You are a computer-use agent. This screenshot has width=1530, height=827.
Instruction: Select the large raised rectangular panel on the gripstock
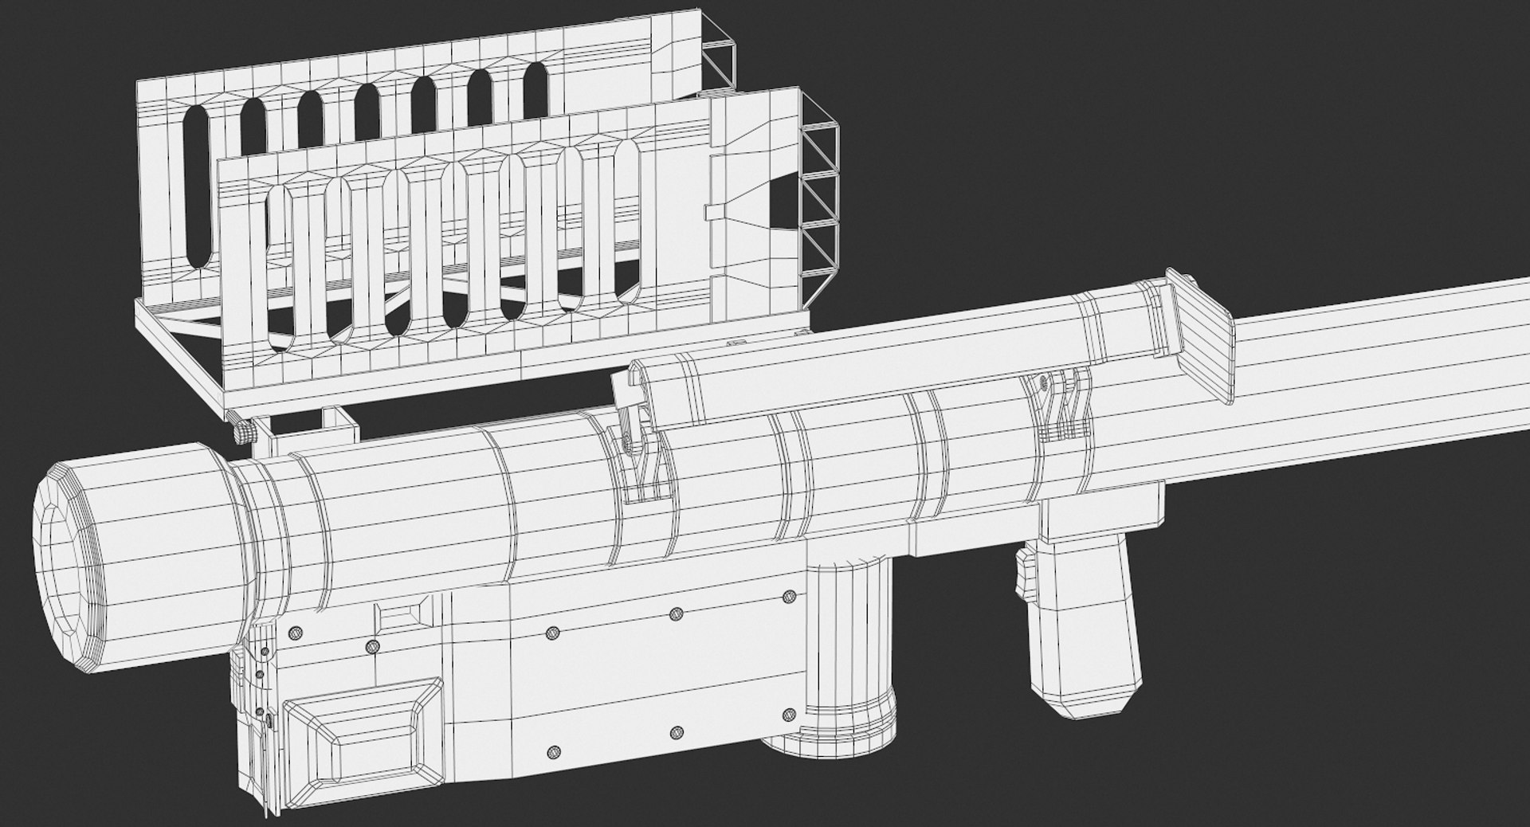(363, 732)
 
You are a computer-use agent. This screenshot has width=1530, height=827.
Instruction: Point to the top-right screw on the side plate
(790, 596)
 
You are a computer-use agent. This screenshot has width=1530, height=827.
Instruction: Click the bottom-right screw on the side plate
(789, 714)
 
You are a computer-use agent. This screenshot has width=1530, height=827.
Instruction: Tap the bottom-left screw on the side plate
(554, 752)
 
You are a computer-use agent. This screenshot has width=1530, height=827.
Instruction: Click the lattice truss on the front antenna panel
(821, 195)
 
